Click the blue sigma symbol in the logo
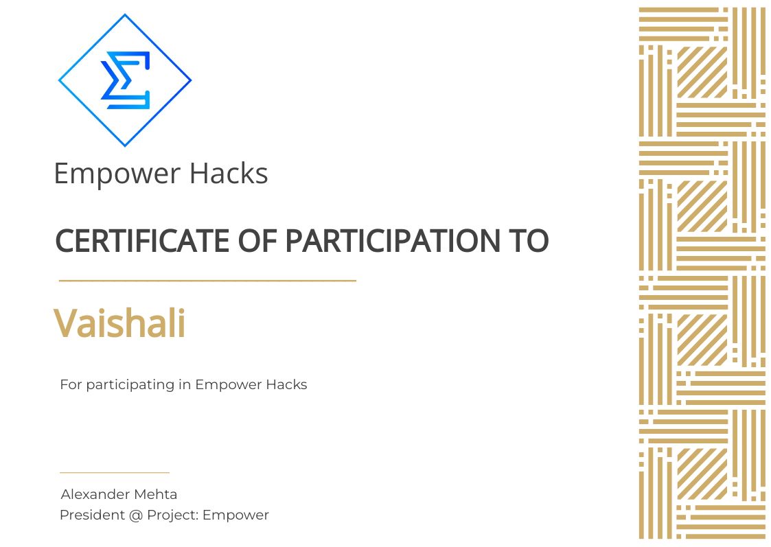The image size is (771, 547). tap(125, 81)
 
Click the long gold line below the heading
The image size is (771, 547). tap(207, 281)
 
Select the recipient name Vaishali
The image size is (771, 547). tap(119, 323)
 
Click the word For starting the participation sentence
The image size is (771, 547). tap(71, 384)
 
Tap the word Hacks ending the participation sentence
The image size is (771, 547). tap(288, 384)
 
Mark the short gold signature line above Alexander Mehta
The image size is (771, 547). tap(114, 473)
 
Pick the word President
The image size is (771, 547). tap(91, 515)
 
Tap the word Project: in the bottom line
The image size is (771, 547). tap(173, 515)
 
